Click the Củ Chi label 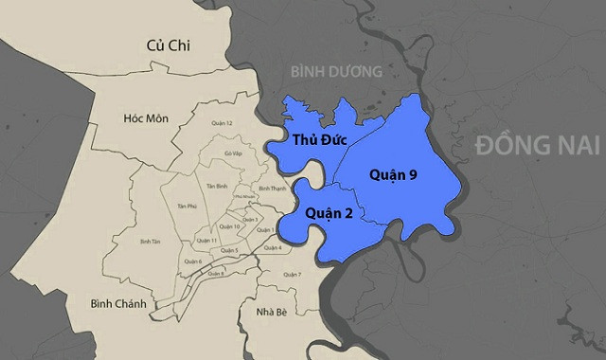(169, 45)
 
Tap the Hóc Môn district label (145, 117)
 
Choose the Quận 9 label (392, 175)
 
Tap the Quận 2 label (329, 214)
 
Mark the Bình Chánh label (116, 303)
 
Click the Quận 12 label (223, 122)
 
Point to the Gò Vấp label (233, 153)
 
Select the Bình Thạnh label (272, 189)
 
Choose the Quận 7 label (293, 275)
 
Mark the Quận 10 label (227, 226)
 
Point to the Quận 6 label (193, 261)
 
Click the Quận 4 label (273, 248)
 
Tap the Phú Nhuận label (244, 197)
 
